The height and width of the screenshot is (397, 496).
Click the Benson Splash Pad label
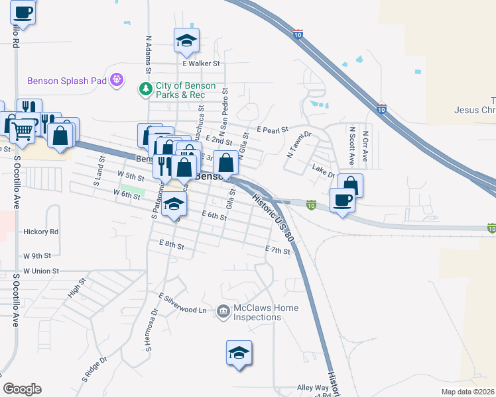click(67, 81)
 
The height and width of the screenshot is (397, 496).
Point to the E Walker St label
click(201, 64)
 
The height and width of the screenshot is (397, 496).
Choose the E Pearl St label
click(273, 130)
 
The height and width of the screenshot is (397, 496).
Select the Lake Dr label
click(323, 171)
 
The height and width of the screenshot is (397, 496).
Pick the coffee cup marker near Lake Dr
click(343, 200)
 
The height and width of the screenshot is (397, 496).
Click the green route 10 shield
click(310, 206)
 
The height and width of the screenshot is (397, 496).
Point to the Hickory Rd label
click(40, 232)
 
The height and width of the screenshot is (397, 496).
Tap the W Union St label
click(41, 271)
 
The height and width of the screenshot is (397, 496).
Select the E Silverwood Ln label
click(183, 303)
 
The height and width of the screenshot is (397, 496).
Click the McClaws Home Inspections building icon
click(223, 310)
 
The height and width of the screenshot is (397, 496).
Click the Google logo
click(23, 389)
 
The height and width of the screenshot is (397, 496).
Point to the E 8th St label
click(171, 244)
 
